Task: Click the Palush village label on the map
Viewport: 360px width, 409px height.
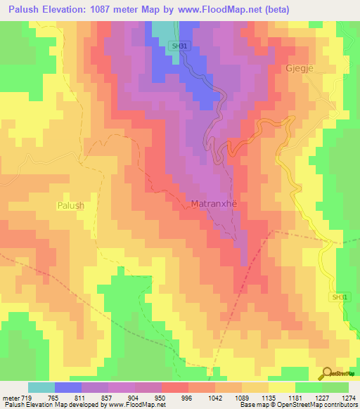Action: pyautogui.click(x=70, y=205)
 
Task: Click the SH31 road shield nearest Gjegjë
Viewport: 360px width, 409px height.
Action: pyautogui.click(x=178, y=46)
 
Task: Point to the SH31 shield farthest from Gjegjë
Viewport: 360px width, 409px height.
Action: pyautogui.click(x=340, y=297)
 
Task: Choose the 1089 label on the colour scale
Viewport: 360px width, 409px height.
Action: pyautogui.click(x=242, y=397)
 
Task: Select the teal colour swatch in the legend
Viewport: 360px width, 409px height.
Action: pyautogui.click(x=41, y=387)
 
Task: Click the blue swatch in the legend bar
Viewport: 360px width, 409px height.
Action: pyautogui.click(x=68, y=387)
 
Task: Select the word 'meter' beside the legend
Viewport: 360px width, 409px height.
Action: pyautogui.click(x=11, y=397)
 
